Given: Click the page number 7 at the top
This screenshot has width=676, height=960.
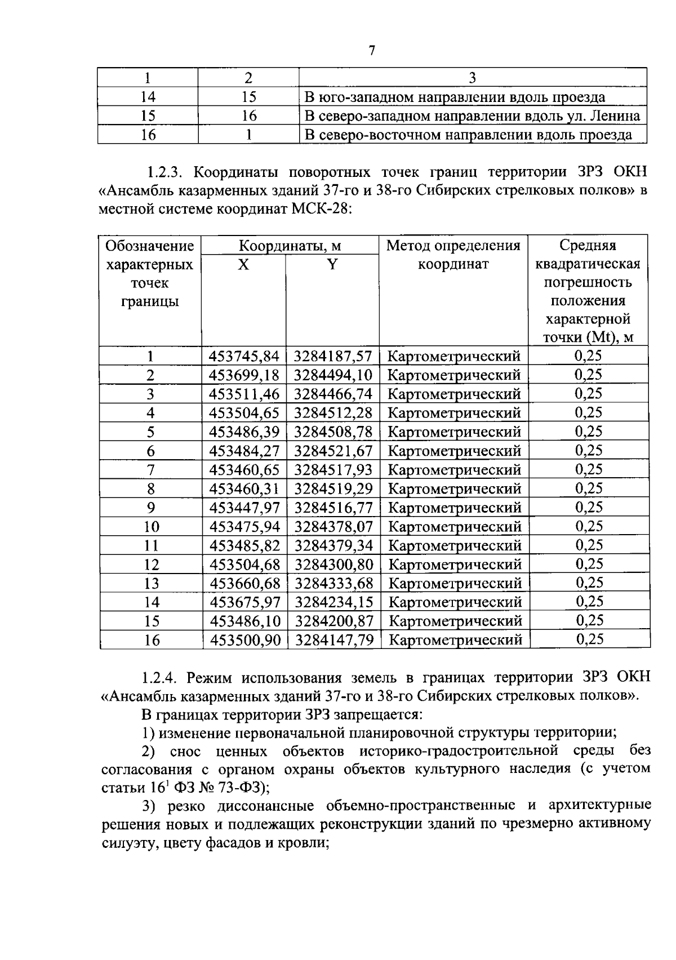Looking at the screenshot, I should pos(371,51).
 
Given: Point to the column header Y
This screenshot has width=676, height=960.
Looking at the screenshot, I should pos(332,264).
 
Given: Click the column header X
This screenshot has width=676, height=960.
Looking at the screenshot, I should pos(243,264).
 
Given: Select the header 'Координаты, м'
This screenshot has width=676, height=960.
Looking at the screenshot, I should pos(290,246).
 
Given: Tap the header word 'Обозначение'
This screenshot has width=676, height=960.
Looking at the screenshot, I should pos(150,246).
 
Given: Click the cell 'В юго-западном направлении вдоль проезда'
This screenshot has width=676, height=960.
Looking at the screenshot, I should pos(455,97).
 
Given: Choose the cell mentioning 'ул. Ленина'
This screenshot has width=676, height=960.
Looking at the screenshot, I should pos(472,116).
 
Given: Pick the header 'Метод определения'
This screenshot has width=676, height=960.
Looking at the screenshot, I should pos(453,246).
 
